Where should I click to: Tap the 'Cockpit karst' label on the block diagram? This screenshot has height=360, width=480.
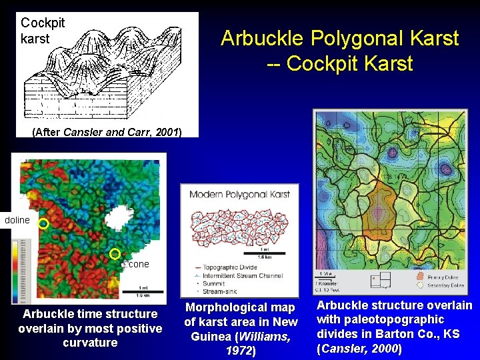pyautogui.click(x=43, y=31)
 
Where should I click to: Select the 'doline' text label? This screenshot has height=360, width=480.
pyautogui.click(x=17, y=220)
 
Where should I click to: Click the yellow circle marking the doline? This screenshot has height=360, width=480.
pyautogui.click(x=43, y=225)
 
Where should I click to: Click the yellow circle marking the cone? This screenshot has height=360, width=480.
pyautogui.click(x=115, y=253)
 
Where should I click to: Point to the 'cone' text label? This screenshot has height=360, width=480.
pyautogui.click(x=139, y=264)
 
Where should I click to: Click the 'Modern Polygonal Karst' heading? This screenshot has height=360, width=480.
pyautogui.click(x=239, y=194)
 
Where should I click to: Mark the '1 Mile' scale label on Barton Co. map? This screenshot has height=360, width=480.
pyautogui.click(x=327, y=274)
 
